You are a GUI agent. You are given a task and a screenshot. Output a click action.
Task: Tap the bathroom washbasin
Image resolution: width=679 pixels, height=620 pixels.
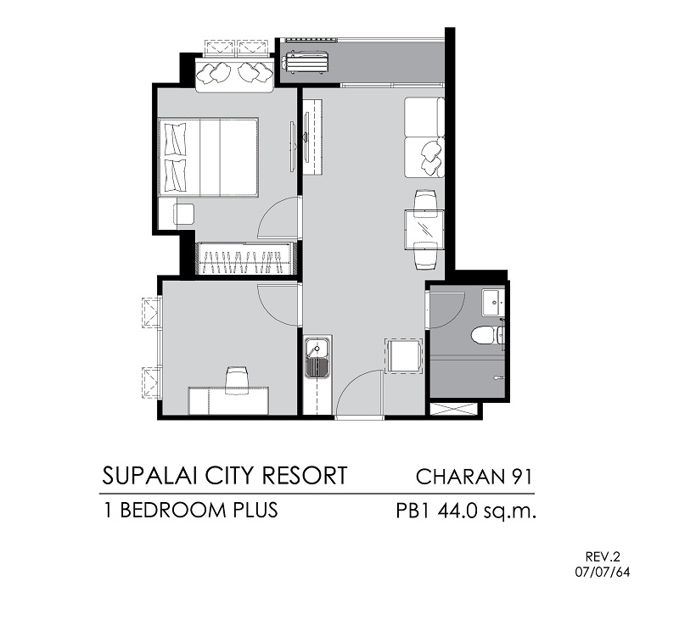tap(493, 303)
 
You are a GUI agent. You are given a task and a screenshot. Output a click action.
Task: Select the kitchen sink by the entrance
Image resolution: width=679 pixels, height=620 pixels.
tap(317, 357)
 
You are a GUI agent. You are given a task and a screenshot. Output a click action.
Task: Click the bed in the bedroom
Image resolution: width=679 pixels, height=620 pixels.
tap(209, 158)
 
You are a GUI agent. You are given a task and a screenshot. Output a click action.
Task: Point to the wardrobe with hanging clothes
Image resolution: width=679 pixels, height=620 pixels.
tap(245, 259)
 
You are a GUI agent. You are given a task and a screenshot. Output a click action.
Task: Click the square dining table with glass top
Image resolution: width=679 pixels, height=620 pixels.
tap(424, 229)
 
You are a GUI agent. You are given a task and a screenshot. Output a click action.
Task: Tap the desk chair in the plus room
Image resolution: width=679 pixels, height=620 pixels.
tap(238, 380)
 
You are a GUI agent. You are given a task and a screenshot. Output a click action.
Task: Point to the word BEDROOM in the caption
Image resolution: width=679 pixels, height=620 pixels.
tap(172, 510)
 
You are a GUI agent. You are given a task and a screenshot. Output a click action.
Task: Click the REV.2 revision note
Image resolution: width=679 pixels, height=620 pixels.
tap(603, 556)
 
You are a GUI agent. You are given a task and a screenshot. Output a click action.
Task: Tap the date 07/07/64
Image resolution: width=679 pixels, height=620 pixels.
tap(603, 573)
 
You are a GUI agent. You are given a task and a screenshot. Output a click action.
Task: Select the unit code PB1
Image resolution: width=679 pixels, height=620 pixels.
tap(412, 511)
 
